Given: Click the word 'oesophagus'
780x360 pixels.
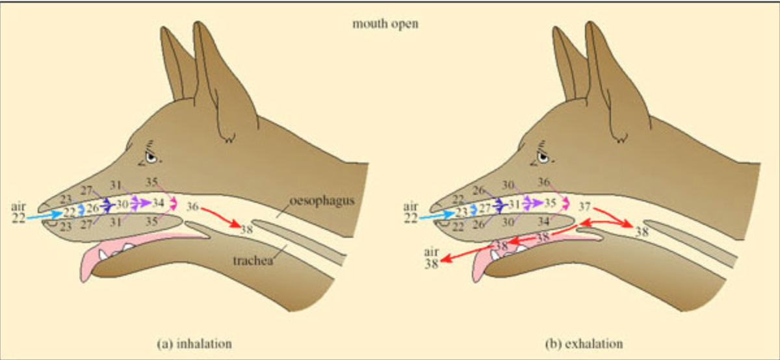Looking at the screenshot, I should point(322,201).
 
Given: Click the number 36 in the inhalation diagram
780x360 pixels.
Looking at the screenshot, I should point(193,207).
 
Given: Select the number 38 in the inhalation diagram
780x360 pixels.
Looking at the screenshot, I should point(246,229).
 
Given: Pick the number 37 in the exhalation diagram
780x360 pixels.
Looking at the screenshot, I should point(585,207).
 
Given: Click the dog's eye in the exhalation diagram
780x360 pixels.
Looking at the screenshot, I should point(543,157).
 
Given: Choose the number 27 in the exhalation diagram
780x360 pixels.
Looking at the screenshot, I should point(484,210).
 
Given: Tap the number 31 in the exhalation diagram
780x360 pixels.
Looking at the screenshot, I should point(514,204).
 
